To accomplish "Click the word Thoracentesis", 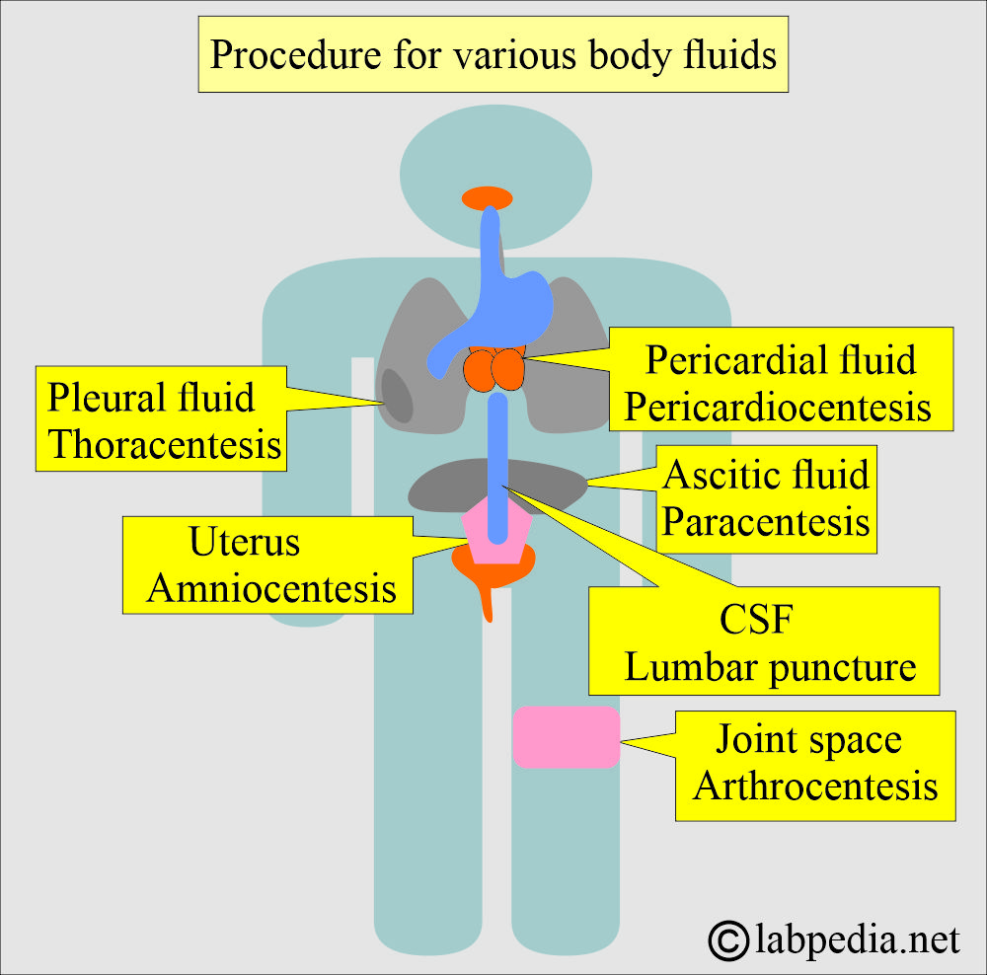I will [x=165, y=444].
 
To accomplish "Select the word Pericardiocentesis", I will [x=780, y=406].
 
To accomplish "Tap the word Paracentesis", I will [x=766, y=520].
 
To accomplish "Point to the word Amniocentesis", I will [x=271, y=588].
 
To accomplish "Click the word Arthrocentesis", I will [x=815, y=786].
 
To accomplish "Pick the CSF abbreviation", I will [x=757, y=623].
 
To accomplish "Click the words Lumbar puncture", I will [x=770, y=668].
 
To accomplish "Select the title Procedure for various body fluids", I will [x=493, y=55].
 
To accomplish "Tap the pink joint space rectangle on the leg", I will [x=566, y=737].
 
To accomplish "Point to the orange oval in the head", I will [x=487, y=197].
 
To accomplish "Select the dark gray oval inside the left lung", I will [x=397, y=395].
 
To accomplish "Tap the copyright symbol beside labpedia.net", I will [x=729, y=940].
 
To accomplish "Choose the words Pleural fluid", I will [x=151, y=397].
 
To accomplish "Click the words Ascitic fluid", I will [x=766, y=475].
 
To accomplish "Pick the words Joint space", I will [x=808, y=739].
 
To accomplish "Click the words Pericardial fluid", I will [x=780, y=360].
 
